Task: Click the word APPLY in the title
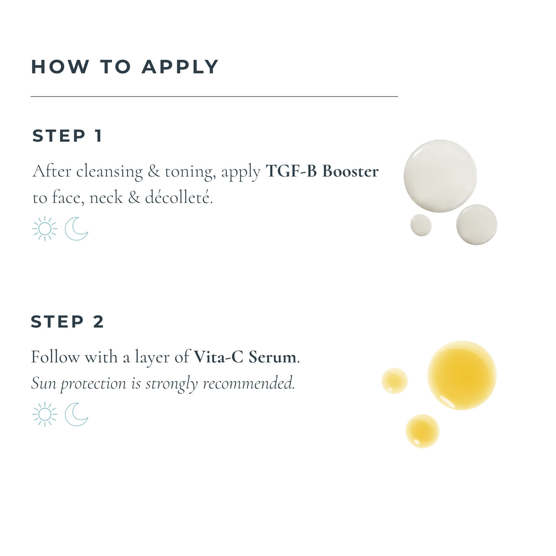[x=180, y=67]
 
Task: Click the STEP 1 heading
[x=67, y=136]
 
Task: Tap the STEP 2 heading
[x=67, y=322]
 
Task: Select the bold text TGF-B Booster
[x=322, y=171]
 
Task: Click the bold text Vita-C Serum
[x=245, y=357]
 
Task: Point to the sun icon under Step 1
[x=45, y=229]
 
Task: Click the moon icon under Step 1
[x=76, y=229]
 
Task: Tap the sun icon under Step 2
[x=45, y=414]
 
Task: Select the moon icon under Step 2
[x=76, y=414]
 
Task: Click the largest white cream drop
[x=440, y=176]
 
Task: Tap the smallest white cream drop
[x=421, y=225]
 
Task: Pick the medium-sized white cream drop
[x=477, y=225]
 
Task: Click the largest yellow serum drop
[x=462, y=375]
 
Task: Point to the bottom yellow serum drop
[x=422, y=431]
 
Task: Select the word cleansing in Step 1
[x=109, y=172]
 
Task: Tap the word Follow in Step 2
[x=56, y=357]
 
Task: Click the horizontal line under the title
[x=214, y=96]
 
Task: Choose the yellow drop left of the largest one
[x=394, y=381]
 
